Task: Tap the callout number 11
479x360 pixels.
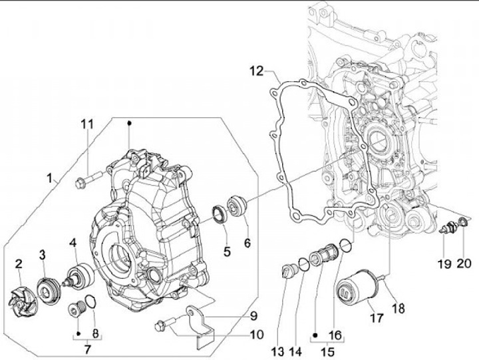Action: click(88, 124)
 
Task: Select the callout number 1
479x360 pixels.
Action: click(51, 178)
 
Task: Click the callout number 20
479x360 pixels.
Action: click(463, 264)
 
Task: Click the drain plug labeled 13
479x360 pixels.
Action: click(288, 272)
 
